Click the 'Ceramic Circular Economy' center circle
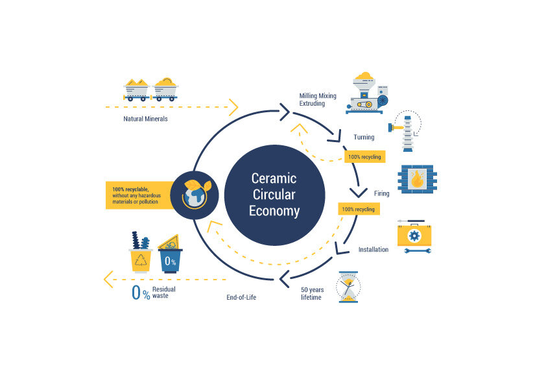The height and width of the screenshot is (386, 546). coord(275,195)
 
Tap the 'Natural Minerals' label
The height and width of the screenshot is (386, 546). coord(145,119)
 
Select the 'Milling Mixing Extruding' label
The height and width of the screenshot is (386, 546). coord(317,99)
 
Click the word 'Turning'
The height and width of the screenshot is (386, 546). coord(364,137)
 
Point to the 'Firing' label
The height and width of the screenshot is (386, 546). coord(381,193)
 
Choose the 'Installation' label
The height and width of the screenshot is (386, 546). coord(373,249)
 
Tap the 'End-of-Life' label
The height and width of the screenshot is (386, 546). coord(243,298)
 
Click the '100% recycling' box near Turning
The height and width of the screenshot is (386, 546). coord(364,156)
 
